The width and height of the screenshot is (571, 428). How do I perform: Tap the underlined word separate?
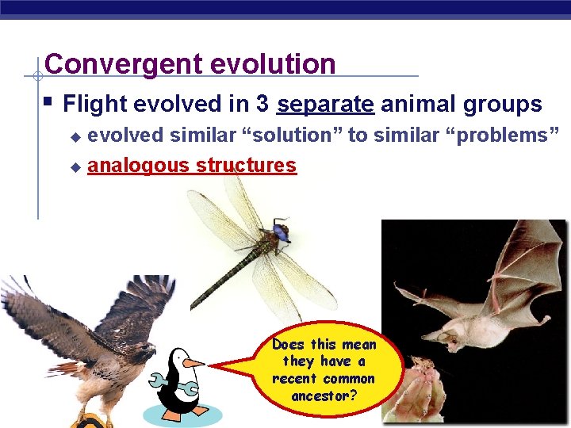point(326,105)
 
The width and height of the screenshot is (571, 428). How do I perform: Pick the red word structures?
point(247,166)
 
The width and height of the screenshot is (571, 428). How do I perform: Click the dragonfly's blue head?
point(280,231)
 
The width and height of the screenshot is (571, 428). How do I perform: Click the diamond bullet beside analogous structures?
point(75,167)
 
